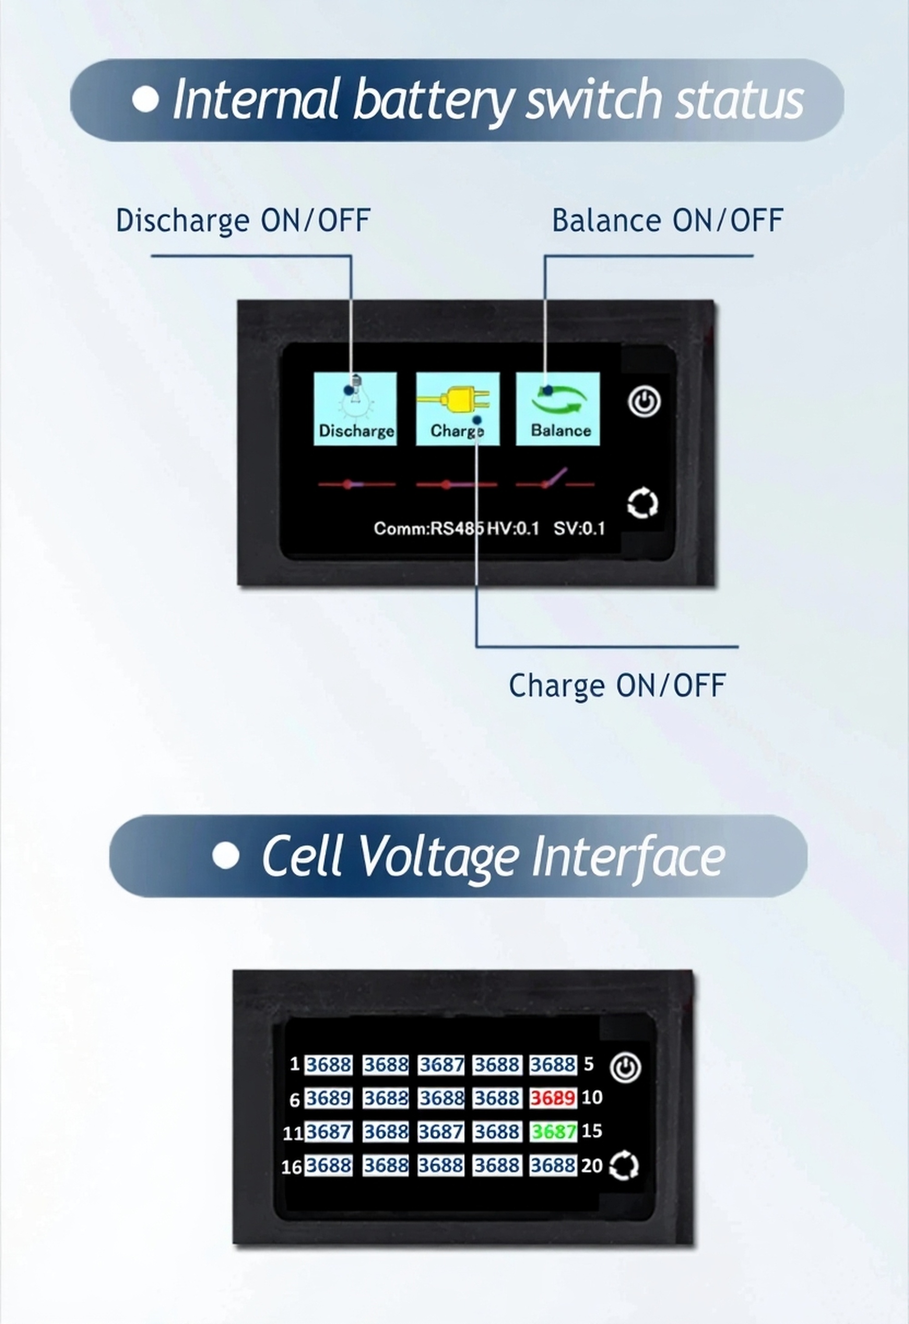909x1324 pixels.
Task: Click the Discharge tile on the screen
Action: point(355,408)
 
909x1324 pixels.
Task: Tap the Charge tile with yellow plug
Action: point(458,408)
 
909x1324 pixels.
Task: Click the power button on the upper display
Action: point(644,402)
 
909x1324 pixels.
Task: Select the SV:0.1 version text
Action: point(579,529)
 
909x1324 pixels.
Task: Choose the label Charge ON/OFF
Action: point(617,685)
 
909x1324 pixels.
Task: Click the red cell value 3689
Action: point(553,1098)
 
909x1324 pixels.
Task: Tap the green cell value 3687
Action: point(553,1131)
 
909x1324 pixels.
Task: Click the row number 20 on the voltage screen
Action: point(592,1165)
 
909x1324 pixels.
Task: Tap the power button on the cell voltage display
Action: point(625,1067)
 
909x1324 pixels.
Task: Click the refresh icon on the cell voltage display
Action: point(624,1165)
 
